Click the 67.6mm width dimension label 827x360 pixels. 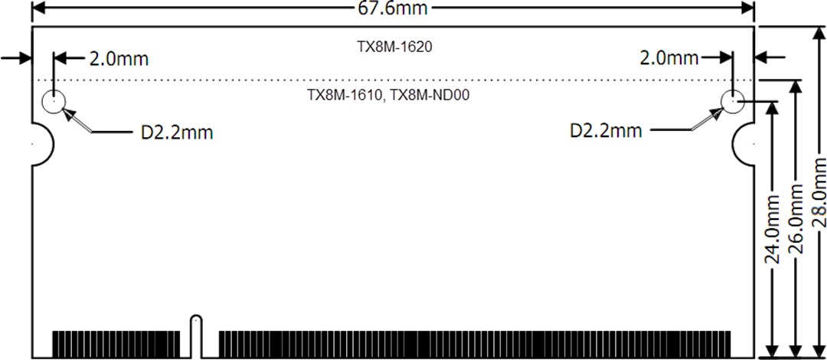coord(393,8)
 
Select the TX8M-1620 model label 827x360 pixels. coord(394,47)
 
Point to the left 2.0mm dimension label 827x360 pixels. coord(118,58)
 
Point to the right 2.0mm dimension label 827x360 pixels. coord(669,58)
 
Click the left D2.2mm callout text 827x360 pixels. coord(176,133)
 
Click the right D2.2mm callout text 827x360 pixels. coord(606,130)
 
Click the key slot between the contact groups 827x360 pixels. coord(196,335)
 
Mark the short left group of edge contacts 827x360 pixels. coord(116,343)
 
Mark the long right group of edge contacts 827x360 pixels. coord(475,343)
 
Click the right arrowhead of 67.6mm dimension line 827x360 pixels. coord(748,8)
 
